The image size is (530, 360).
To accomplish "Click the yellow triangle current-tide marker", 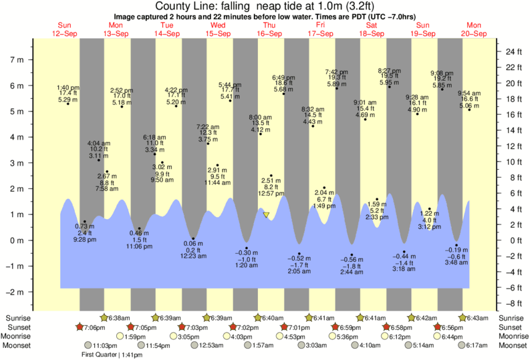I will click(266, 215).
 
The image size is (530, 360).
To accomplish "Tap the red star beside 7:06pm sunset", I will click(80, 327).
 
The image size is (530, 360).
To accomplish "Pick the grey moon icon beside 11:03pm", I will click(87, 345).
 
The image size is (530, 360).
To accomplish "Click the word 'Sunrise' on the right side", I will click(510, 318).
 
